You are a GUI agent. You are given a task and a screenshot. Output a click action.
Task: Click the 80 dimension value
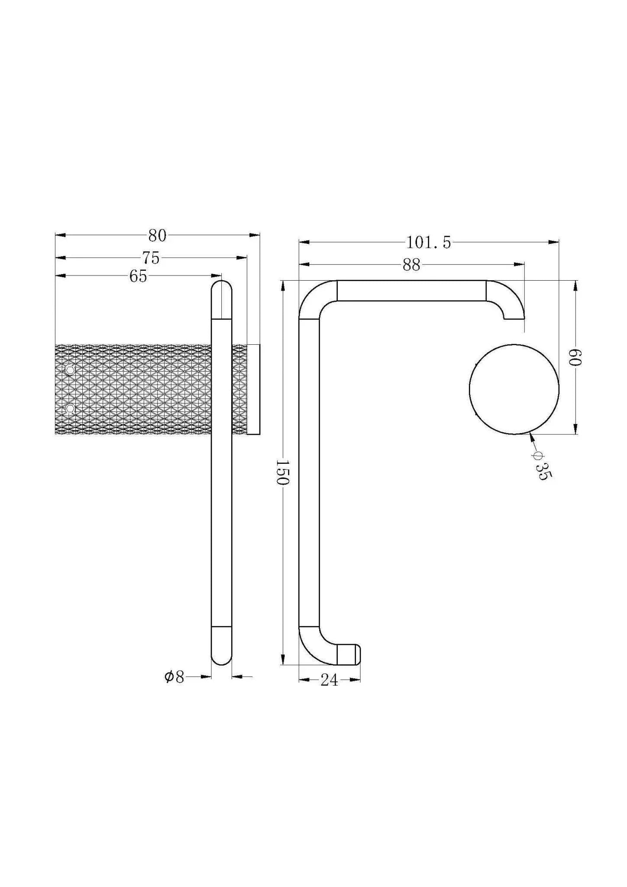[157, 236]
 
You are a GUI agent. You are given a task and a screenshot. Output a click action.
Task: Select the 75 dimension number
[151, 258]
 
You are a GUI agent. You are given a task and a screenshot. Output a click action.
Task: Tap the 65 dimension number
[138, 276]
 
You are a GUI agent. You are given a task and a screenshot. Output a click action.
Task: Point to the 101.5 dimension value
[428, 243]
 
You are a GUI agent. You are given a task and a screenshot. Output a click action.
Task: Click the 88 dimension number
[411, 265]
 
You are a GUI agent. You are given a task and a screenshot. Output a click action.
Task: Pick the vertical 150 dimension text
[282, 473]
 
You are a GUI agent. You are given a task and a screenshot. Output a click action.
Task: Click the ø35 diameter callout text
[542, 466]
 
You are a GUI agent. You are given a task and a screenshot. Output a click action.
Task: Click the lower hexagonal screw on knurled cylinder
[70, 409]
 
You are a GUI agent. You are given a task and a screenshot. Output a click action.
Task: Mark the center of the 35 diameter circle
[514, 389]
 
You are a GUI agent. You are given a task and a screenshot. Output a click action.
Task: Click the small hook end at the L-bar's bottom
[349, 654]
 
